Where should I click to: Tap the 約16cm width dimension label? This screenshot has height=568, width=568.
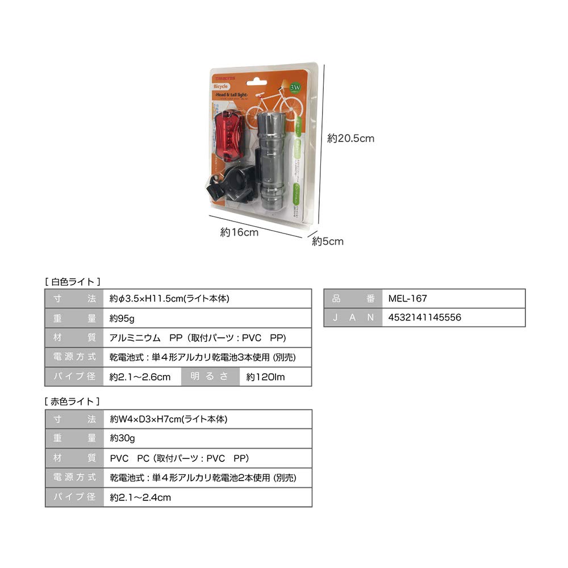(239, 232)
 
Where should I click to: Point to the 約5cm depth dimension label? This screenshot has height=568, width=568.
(328, 241)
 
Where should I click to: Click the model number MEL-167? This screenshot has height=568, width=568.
(408, 298)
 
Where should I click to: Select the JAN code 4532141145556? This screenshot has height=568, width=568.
(425, 318)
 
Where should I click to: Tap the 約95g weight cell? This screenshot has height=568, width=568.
(122, 318)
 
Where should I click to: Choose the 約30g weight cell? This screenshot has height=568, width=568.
(122, 438)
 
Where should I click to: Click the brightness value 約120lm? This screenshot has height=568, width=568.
(266, 377)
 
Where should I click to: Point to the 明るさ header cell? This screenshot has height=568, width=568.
(210, 377)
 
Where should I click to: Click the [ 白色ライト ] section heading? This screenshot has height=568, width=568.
(73, 281)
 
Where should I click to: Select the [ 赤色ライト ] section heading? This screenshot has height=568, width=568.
(73, 401)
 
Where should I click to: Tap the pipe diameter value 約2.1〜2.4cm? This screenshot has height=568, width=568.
(140, 497)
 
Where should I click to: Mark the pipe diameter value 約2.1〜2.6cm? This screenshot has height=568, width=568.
(140, 377)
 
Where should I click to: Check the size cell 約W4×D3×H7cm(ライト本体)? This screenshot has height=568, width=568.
(169, 419)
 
